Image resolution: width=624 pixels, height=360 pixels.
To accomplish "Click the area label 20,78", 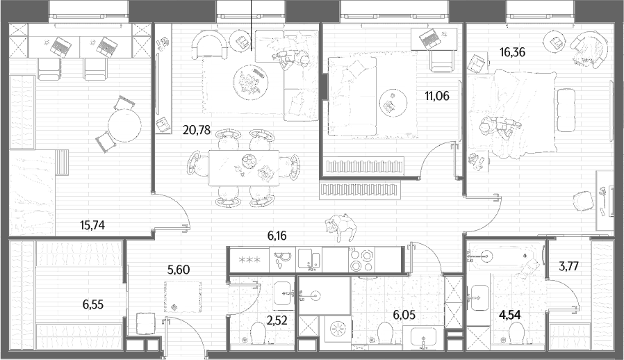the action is (196, 130).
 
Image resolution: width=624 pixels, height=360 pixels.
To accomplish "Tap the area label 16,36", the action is (512, 52).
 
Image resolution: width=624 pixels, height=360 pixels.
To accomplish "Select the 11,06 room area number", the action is (436, 96).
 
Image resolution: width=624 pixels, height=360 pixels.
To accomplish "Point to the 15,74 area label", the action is (92, 225).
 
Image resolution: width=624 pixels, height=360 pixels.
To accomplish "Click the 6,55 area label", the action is (93, 304).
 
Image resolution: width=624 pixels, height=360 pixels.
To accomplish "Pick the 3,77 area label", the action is (568, 266).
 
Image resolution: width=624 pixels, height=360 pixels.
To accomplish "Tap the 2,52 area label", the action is (277, 320).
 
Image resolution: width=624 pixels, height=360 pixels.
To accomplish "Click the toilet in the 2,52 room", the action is (258, 332).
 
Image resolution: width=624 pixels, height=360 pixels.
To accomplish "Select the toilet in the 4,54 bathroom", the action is (516, 332).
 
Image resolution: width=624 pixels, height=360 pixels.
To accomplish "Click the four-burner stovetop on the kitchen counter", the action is (361, 260).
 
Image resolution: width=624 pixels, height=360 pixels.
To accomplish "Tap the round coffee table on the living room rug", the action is (250, 83).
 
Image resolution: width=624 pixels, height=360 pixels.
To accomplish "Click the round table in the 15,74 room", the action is (124, 125).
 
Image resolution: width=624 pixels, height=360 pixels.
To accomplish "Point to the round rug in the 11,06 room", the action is (393, 103).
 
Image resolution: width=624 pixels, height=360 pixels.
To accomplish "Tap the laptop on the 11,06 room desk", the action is (430, 39).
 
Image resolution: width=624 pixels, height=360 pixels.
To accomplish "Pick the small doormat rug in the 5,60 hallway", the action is (183, 297).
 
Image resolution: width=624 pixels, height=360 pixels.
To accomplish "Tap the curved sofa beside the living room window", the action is (209, 45).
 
